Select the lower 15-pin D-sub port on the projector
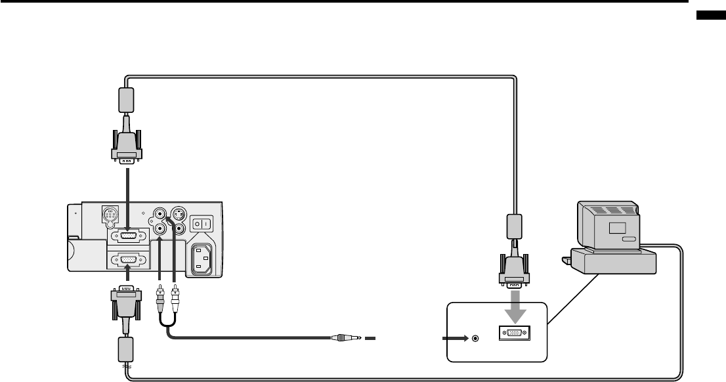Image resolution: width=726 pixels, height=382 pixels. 127,260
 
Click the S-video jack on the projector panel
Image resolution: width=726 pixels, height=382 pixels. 177,214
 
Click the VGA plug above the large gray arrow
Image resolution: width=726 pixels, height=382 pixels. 515,270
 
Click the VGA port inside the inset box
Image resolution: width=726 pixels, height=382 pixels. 515,333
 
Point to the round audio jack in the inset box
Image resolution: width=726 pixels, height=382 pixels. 476,339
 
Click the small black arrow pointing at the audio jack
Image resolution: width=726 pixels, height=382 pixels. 456,339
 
